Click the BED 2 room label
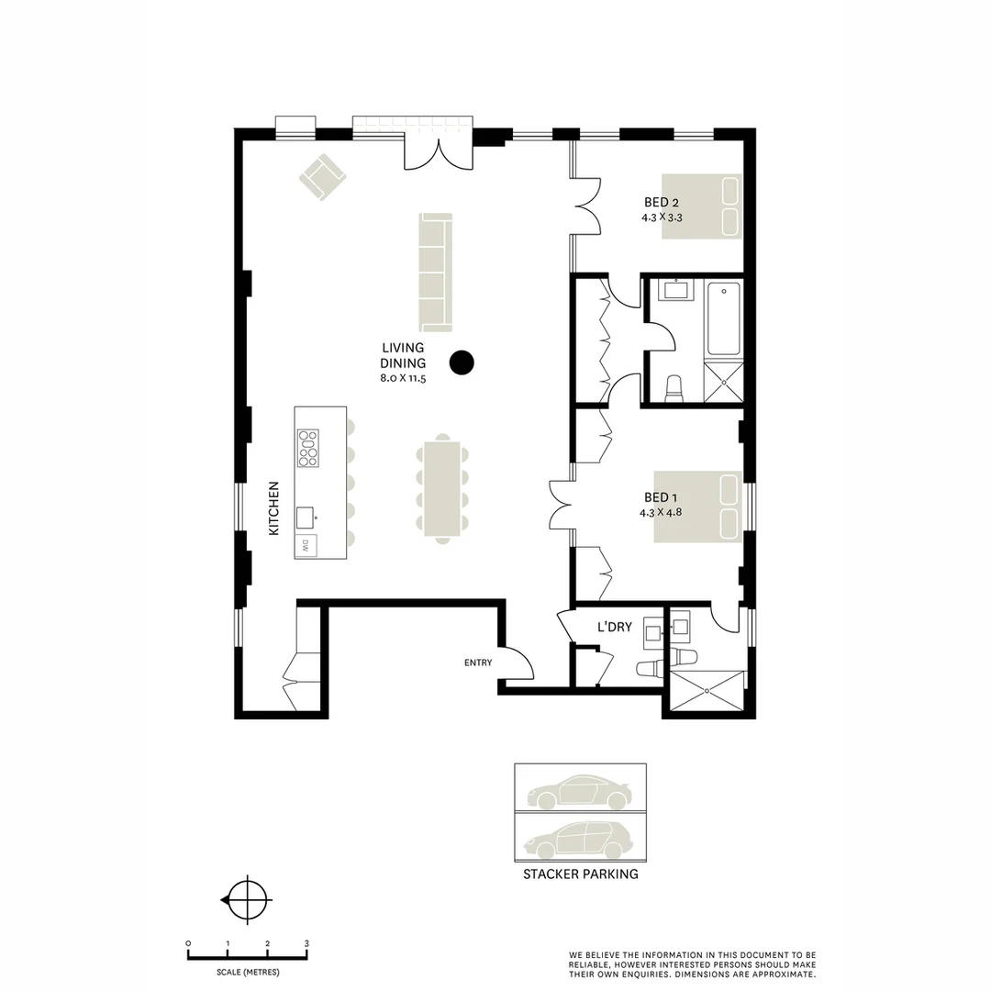pos(662,203)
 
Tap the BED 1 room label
pos(662,498)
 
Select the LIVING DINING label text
pos(404,355)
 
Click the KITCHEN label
pos(273,508)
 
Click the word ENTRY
pos(478,663)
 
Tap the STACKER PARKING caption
pos(580,874)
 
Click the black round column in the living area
pos(463,362)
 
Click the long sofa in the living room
pos(436,272)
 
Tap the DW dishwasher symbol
pos(306,545)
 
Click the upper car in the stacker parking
pos(579,792)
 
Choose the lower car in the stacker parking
pos(579,838)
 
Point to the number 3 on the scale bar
pos(306,943)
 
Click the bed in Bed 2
pos(702,206)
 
